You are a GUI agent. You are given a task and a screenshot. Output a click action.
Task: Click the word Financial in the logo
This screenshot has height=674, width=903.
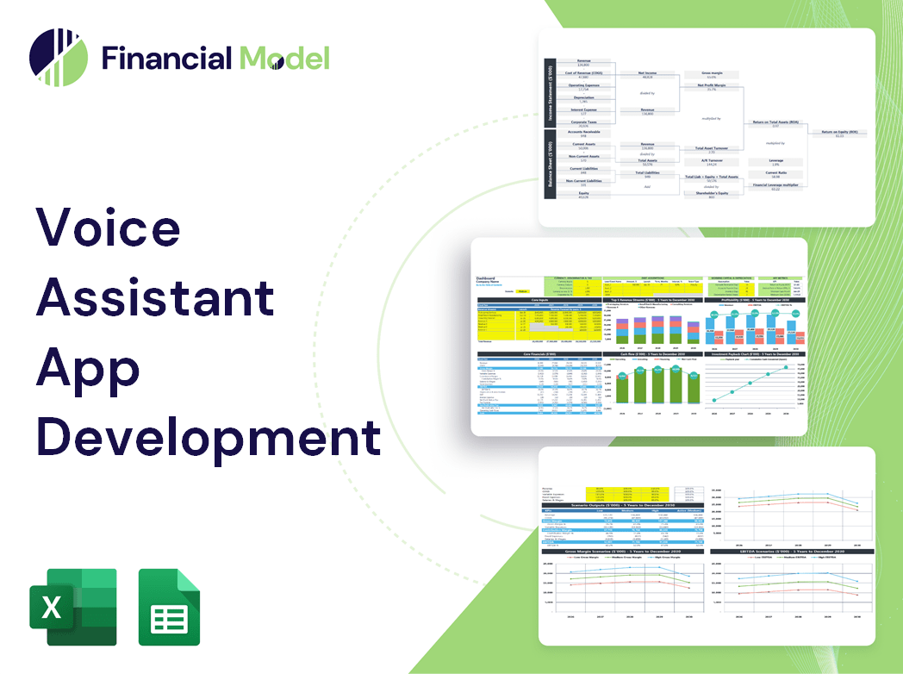click(166, 58)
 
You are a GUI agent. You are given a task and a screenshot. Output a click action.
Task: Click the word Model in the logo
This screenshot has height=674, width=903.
click(284, 58)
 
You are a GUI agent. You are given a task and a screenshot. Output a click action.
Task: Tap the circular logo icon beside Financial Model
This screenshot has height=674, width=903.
click(58, 58)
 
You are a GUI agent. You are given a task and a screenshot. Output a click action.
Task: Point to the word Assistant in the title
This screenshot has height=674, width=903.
click(155, 298)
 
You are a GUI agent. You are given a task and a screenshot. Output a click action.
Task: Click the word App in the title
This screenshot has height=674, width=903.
click(88, 369)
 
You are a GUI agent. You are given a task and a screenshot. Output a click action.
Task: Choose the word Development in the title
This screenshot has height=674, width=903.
click(208, 438)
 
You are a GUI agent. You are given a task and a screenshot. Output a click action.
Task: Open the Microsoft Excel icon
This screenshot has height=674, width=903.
click(73, 607)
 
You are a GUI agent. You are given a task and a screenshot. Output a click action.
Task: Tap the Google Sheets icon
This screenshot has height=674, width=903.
click(170, 607)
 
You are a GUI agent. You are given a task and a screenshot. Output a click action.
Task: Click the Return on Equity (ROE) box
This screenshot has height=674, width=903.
click(839, 134)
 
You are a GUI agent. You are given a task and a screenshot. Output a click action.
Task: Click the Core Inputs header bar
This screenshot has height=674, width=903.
click(539, 300)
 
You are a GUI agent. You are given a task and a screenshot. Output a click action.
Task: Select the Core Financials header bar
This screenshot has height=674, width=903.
click(539, 353)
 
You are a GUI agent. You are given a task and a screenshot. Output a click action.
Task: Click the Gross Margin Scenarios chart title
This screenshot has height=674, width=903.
click(620, 551)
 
